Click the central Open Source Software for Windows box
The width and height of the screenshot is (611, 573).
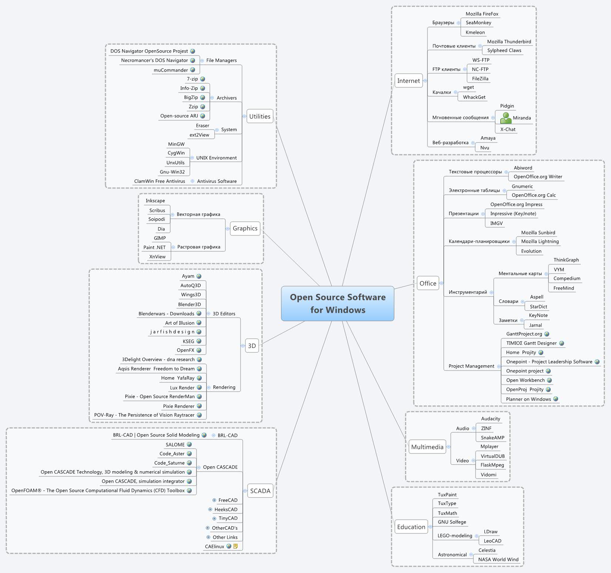(x=338, y=303)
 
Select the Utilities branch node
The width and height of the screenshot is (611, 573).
(x=259, y=116)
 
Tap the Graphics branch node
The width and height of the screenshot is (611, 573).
(x=245, y=228)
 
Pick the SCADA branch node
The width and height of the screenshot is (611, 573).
(x=260, y=491)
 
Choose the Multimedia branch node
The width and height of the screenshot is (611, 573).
(x=427, y=447)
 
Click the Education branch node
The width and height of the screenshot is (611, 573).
(x=411, y=527)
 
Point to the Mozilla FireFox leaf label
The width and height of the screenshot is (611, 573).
(x=482, y=14)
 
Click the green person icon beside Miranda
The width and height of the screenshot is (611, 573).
(x=506, y=118)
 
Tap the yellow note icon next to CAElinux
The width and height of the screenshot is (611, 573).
(x=236, y=546)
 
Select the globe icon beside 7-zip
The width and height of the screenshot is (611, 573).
(x=202, y=79)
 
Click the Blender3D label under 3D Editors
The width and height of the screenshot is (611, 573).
(x=189, y=304)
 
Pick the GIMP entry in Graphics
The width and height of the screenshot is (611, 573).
(x=160, y=238)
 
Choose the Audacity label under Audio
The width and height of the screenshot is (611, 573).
(x=490, y=419)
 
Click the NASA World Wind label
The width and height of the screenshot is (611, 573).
(x=498, y=559)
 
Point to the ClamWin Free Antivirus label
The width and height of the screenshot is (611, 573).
(x=160, y=181)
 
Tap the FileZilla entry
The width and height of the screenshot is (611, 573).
(x=480, y=78)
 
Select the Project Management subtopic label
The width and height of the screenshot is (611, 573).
(x=471, y=366)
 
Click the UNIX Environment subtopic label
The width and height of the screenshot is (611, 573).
(x=216, y=158)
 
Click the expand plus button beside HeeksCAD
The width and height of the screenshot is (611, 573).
(x=211, y=509)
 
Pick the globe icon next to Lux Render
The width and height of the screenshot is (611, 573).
(x=199, y=388)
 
